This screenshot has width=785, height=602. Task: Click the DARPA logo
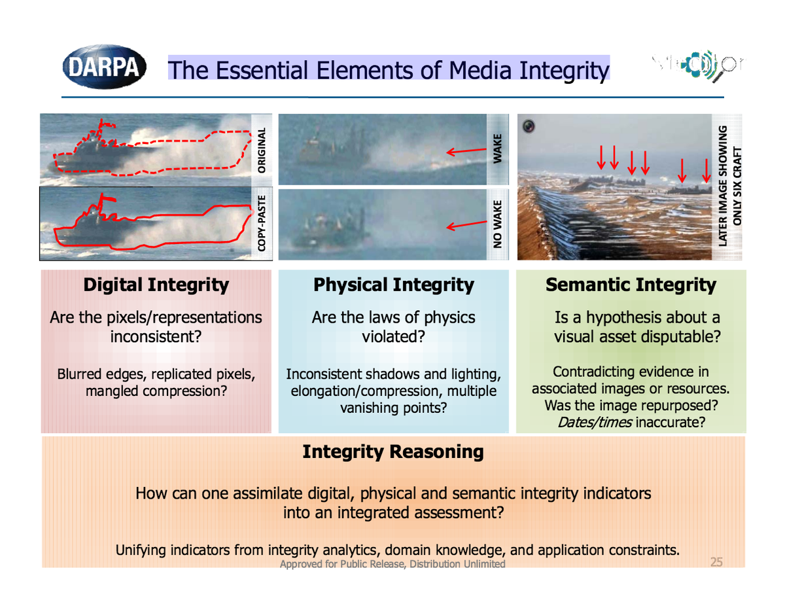[104, 67]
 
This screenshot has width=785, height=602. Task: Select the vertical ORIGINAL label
[261, 150]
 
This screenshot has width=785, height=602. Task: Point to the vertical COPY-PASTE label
[261, 223]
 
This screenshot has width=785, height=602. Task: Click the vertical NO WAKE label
[497, 224]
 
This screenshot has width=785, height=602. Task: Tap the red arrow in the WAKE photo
[466, 151]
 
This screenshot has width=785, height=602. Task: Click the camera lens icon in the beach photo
[529, 126]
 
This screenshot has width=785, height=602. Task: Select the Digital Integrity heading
[156, 285]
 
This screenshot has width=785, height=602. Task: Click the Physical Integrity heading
[393, 285]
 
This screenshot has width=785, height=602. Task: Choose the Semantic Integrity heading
[631, 285]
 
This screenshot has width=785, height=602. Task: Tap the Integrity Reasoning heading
[393, 451]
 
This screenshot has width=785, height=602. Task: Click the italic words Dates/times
[595, 422]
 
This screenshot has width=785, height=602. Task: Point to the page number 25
[716, 562]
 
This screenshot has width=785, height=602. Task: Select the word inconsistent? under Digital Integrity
[156, 337]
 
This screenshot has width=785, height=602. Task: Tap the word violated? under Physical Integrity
[393, 337]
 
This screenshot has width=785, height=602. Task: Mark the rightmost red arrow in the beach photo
[706, 170]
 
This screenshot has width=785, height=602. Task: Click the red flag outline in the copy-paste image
[107, 198]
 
